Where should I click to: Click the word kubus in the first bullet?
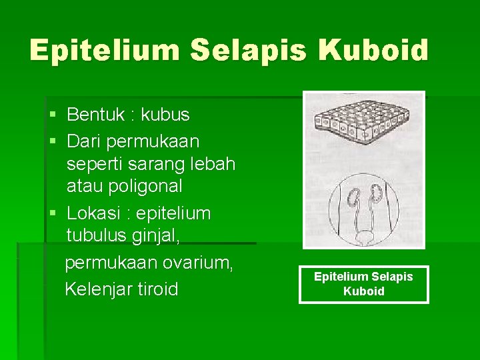(x=165, y=115)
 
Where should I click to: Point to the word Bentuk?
(x=95, y=115)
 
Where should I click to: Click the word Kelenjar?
(x=97, y=289)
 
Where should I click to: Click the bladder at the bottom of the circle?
(x=364, y=236)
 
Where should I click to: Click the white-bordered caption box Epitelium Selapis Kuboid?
(x=364, y=284)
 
